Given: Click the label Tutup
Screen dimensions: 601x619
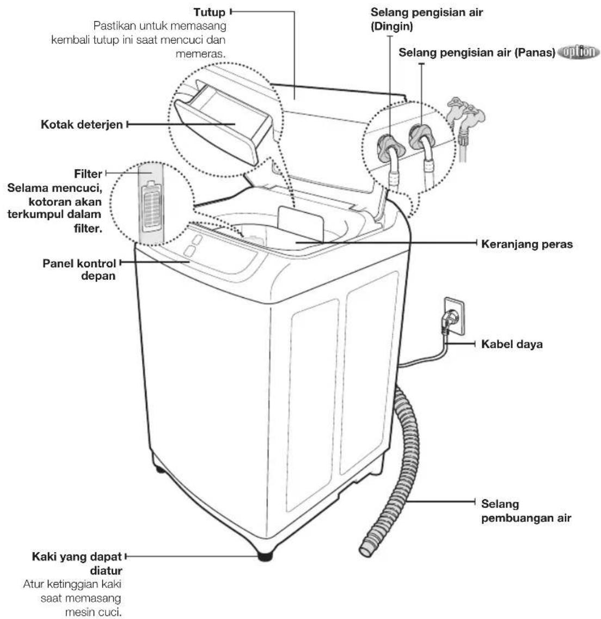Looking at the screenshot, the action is pos(209,12).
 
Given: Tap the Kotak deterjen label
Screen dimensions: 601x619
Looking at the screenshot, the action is pos(82,125).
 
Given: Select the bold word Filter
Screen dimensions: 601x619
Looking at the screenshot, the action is pos(88,174).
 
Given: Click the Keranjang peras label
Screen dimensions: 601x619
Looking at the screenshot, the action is pos(527,244).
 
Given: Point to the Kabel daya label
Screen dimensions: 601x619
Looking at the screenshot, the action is pos(512,344).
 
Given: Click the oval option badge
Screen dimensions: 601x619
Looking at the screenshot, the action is pos(579,52).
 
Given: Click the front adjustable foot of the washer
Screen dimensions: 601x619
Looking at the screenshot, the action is pos(265,556).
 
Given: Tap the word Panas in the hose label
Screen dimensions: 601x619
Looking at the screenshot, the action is pos(535,52).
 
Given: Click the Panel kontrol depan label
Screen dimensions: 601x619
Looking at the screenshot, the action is pos(79,269).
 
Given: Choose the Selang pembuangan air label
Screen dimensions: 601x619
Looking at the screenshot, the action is pos(526,511).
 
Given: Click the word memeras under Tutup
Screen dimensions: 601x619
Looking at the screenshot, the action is pos(200,54).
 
